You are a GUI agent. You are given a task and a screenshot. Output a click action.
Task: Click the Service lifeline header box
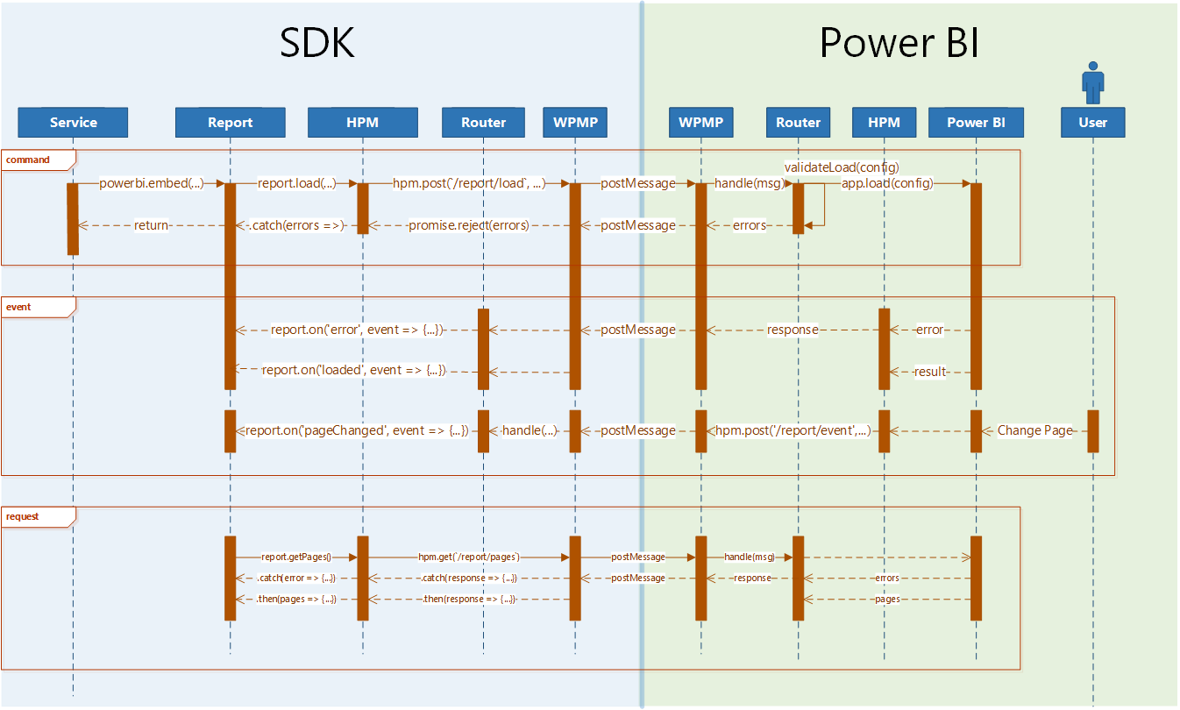(x=73, y=123)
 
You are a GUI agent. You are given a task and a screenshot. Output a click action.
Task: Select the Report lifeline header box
(x=230, y=123)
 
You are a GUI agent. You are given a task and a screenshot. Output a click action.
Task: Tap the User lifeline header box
(x=1092, y=123)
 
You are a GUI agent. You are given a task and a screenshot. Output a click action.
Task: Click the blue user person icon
(x=1092, y=82)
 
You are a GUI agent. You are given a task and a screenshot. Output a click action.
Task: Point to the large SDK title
(x=317, y=43)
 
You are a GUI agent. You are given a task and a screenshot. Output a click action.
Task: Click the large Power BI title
(x=899, y=43)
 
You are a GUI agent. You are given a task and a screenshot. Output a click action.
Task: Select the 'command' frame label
(x=28, y=160)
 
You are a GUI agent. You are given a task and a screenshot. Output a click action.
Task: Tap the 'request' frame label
(x=24, y=516)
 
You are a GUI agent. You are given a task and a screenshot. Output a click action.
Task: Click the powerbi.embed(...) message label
(x=151, y=183)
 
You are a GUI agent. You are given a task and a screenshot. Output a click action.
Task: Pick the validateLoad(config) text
(x=842, y=167)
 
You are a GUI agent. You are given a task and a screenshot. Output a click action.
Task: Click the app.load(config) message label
(x=887, y=183)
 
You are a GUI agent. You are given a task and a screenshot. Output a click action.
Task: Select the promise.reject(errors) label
(x=469, y=225)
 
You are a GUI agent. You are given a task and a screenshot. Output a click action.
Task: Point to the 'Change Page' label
(x=1034, y=430)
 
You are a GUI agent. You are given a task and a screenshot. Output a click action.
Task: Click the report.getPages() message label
(x=296, y=557)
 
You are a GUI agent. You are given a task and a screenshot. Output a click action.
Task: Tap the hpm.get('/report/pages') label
(x=469, y=557)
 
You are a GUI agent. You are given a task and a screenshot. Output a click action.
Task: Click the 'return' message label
(x=151, y=225)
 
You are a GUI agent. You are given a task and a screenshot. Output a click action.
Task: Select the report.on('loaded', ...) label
(x=354, y=370)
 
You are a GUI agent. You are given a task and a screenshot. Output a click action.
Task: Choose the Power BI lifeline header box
(x=976, y=123)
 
